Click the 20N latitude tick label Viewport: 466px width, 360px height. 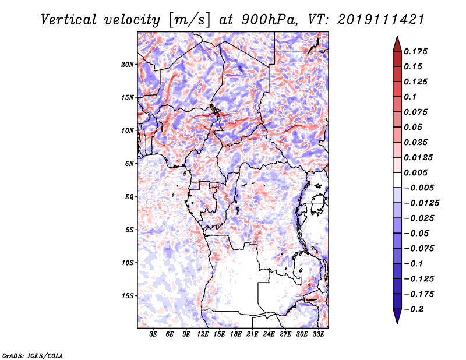click(x=128, y=65)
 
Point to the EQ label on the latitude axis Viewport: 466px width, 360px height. click(x=129, y=197)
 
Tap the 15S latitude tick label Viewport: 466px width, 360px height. click(x=128, y=296)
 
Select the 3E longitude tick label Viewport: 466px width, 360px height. click(x=153, y=334)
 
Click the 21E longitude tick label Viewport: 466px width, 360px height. click(x=252, y=334)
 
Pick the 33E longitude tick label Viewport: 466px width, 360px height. click(x=318, y=334)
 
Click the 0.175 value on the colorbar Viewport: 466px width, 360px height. click(x=415, y=51)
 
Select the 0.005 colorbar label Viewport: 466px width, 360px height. click(x=415, y=172)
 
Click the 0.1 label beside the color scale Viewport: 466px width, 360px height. click(x=410, y=97)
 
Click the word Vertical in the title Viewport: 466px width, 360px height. click(x=69, y=20)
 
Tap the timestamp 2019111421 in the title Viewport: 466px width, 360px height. click(x=381, y=20)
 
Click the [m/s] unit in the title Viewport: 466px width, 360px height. click(x=189, y=20)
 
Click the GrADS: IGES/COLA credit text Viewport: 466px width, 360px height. click(x=33, y=355)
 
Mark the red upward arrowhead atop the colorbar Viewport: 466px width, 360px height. click(x=397, y=44)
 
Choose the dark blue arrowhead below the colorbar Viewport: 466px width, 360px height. click(x=397, y=316)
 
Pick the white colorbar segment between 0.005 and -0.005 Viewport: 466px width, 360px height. click(x=397, y=180)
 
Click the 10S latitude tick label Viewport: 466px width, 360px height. click(x=128, y=263)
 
